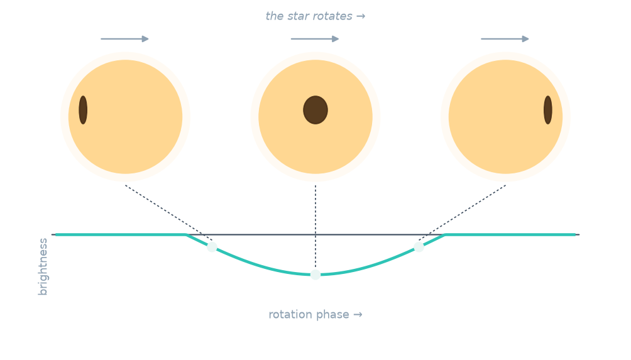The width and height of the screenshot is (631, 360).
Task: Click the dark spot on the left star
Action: (x=83, y=110)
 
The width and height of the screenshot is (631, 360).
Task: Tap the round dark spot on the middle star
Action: (x=315, y=110)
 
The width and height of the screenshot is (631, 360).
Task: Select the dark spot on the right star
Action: (x=547, y=110)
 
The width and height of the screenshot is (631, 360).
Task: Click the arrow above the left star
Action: (x=124, y=39)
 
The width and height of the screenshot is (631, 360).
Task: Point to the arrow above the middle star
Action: (x=315, y=39)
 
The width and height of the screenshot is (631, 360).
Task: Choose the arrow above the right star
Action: (x=505, y=39)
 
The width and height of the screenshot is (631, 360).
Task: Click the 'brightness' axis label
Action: (x=43, y=266)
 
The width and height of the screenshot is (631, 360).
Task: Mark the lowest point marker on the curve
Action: (x=315, y=275)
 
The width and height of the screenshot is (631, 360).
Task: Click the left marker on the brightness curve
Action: (x=212, y=247)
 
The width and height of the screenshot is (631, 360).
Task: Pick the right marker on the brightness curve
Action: (x=419, y=247)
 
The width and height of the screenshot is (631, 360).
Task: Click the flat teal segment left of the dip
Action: (x=121, y=234)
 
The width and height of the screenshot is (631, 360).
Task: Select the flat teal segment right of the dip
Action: (x=510, y=234)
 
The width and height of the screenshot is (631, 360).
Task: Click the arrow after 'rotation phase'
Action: (x=358, y=315)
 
